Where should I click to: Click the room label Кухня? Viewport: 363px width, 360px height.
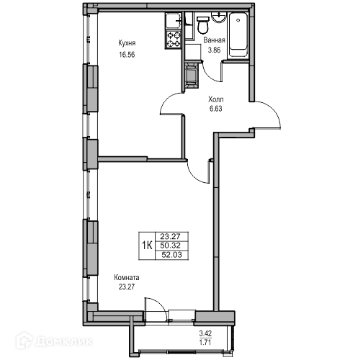[127, 43]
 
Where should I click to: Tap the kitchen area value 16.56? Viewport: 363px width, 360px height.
[127, 55]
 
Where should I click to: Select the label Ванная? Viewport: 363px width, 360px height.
[214, 40]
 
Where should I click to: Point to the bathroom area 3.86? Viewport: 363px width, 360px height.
[214, 50]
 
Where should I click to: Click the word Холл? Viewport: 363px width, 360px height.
[216, 99]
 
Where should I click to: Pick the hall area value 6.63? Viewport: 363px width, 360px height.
[216, 109]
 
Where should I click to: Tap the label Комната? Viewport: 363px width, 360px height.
[127, 278]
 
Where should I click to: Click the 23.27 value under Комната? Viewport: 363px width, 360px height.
[127, 287]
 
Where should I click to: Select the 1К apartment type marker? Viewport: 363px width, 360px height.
[147, 246]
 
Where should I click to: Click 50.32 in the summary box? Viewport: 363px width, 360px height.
[170, 246]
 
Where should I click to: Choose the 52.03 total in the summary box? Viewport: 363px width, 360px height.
[171, 255]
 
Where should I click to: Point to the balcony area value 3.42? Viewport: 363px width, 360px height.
[205, 333]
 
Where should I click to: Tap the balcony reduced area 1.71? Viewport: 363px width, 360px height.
[205, 342]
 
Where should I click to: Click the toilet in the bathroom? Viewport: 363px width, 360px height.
[203, 24]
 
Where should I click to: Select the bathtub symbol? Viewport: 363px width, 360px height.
[238, 35]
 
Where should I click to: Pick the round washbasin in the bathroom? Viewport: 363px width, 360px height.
[218, 17]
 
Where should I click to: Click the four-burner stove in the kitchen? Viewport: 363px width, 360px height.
[174, 40]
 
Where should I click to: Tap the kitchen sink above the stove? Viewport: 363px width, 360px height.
[173, 22]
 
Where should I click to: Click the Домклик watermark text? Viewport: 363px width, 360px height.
[64, 341]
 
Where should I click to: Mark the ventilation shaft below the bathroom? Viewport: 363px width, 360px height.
[191, 75]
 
